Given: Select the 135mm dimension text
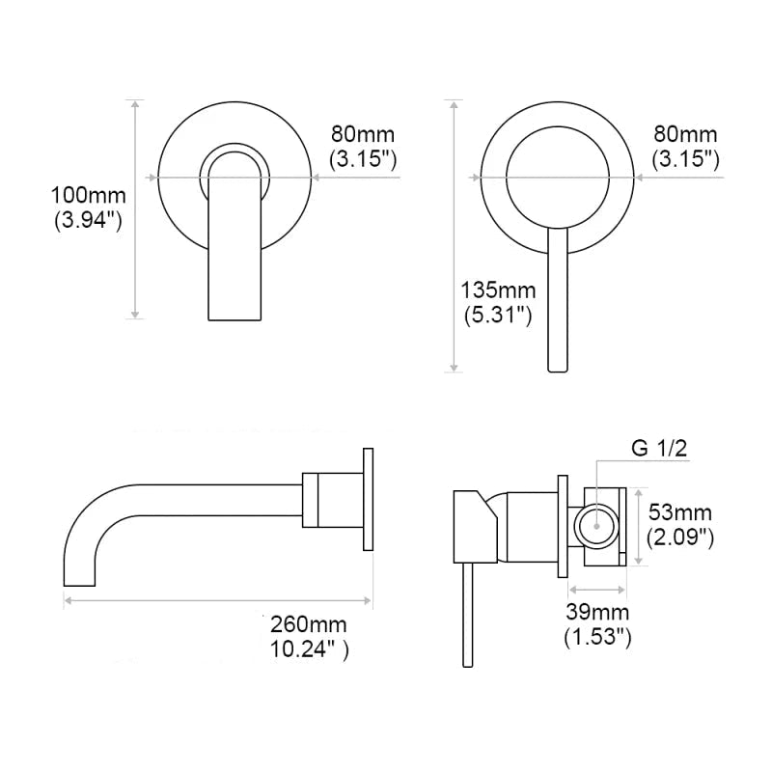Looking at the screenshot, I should coord(496,289).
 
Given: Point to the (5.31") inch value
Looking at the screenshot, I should coord(496,314).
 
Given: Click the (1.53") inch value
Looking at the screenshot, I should coord(598,636).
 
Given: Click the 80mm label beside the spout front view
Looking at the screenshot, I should coord(363,134).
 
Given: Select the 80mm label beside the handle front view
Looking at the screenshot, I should coord(685,134).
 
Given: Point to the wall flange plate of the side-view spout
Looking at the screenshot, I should coord(368,500).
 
